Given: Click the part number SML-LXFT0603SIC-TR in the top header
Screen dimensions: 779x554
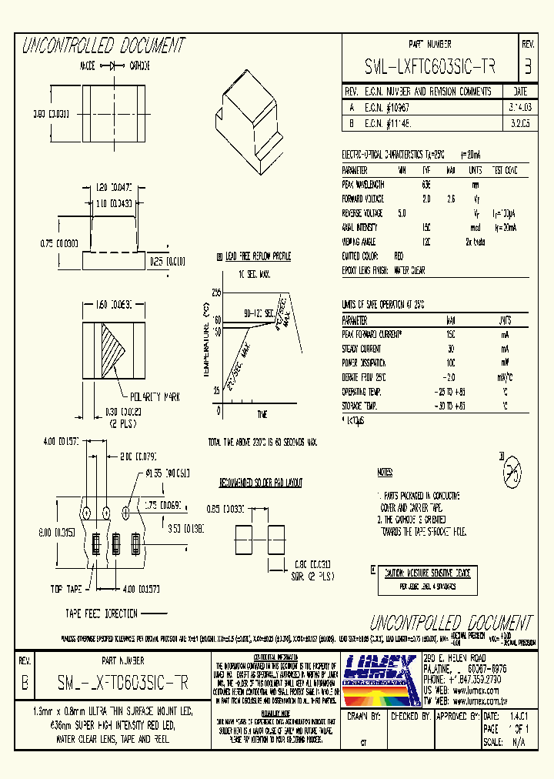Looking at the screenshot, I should pyautogui.click(x=430, y=67).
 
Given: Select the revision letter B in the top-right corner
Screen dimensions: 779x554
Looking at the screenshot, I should pyautogui.click(x=528, y=67).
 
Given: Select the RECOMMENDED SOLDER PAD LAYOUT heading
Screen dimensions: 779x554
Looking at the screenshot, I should pyautogui.click(x=260, y=483).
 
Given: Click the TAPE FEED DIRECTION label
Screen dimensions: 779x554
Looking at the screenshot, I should pyautogui.click(x=101, y=614).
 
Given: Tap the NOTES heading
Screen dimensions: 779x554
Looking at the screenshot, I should pyautogui.click(x=385, y=471).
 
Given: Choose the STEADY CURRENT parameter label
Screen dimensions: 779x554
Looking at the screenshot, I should pyautogui.click(x=360, y=349).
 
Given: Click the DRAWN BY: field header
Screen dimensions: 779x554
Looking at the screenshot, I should pyautogui.click(x=365, y=716).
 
